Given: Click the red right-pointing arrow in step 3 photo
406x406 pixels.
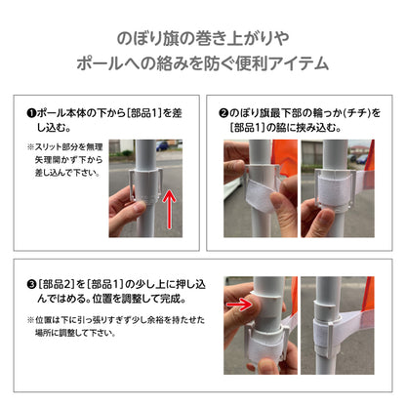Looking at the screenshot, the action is tap(239, 304).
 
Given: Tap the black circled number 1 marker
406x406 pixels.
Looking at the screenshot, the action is tap(31, 113).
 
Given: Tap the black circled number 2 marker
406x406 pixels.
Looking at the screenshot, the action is tap(223, 113).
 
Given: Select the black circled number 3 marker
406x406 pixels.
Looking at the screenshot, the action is tap(31, 285).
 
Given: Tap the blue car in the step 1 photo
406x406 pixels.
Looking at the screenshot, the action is tap(162, 145).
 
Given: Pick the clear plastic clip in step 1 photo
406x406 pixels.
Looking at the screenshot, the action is tap(145, 185).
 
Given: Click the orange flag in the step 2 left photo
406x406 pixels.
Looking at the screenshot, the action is tap(284, 155).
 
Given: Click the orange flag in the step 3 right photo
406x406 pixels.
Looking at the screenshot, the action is tap(370, 295).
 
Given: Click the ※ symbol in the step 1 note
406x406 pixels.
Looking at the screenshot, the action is tap(30, 147).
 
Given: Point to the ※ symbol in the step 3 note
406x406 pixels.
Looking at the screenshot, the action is tap(30, 320).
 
